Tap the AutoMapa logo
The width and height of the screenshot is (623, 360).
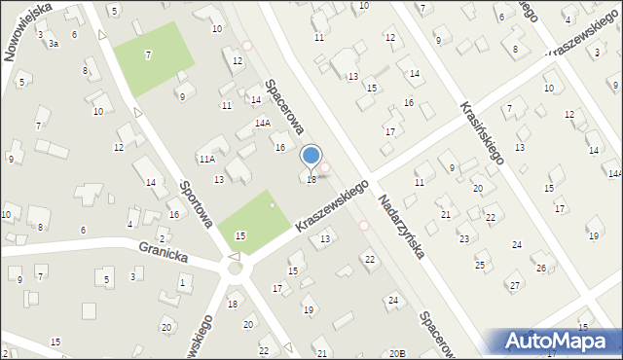click(x=559, y=341)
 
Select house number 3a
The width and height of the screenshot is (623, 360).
click(x=54, y=44)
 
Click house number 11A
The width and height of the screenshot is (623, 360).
click(x=206, y=159)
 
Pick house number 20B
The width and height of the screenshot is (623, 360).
click(x=396, y=353)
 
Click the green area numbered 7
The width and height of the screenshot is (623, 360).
click(x=147, y=55)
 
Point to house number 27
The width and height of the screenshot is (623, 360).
click(x=514, y=285)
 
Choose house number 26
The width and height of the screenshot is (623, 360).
click(x=540, y=268)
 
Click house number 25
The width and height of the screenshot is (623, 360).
click(x=479, y=265)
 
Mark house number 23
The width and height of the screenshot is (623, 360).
click(x=463, y=238)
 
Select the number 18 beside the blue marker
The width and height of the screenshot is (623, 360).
click(x=311, y=179)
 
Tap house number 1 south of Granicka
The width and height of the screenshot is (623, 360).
click(x=182, y=282)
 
